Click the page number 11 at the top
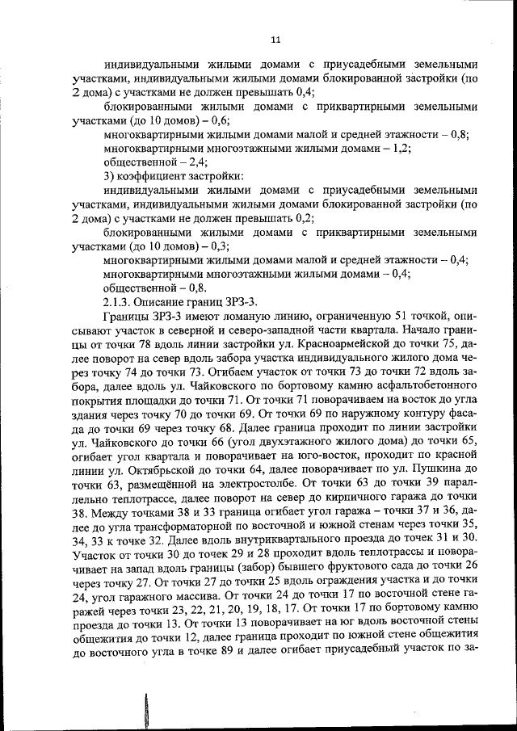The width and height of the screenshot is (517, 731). pyautogui.click(x=275, y=40)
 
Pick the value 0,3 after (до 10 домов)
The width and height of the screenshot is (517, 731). pyautogui.click(x=220, y=246)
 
